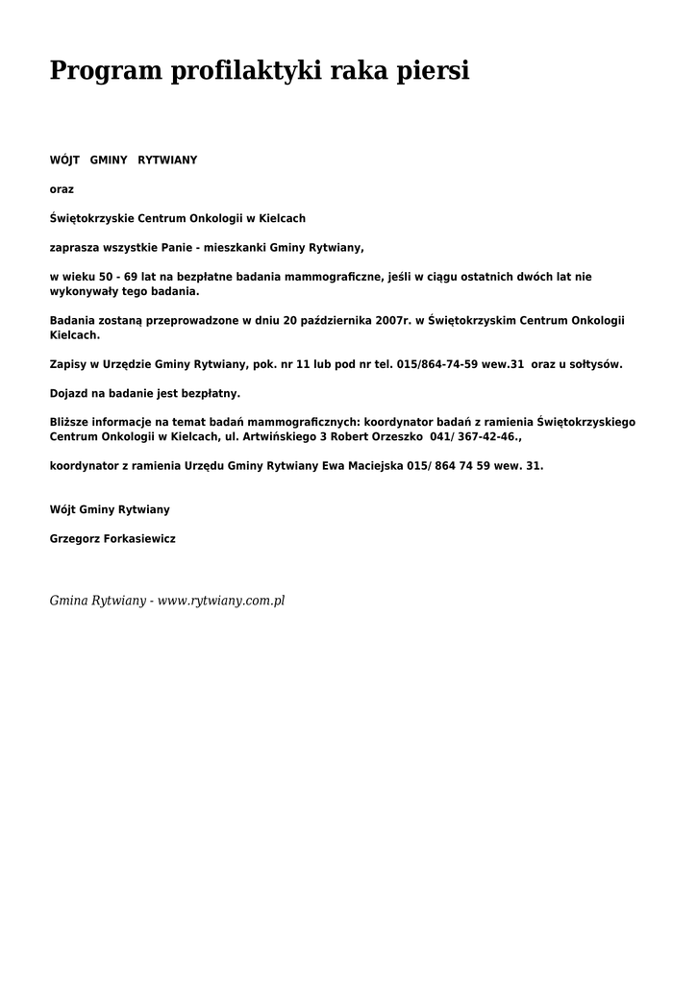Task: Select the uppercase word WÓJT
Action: point(64,160)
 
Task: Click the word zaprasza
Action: point(74,247)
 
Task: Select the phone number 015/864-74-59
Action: point(436,365)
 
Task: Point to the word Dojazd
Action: point(68,394)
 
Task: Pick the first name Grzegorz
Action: point(74,539)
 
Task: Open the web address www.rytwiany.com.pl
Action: point(221,601)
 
